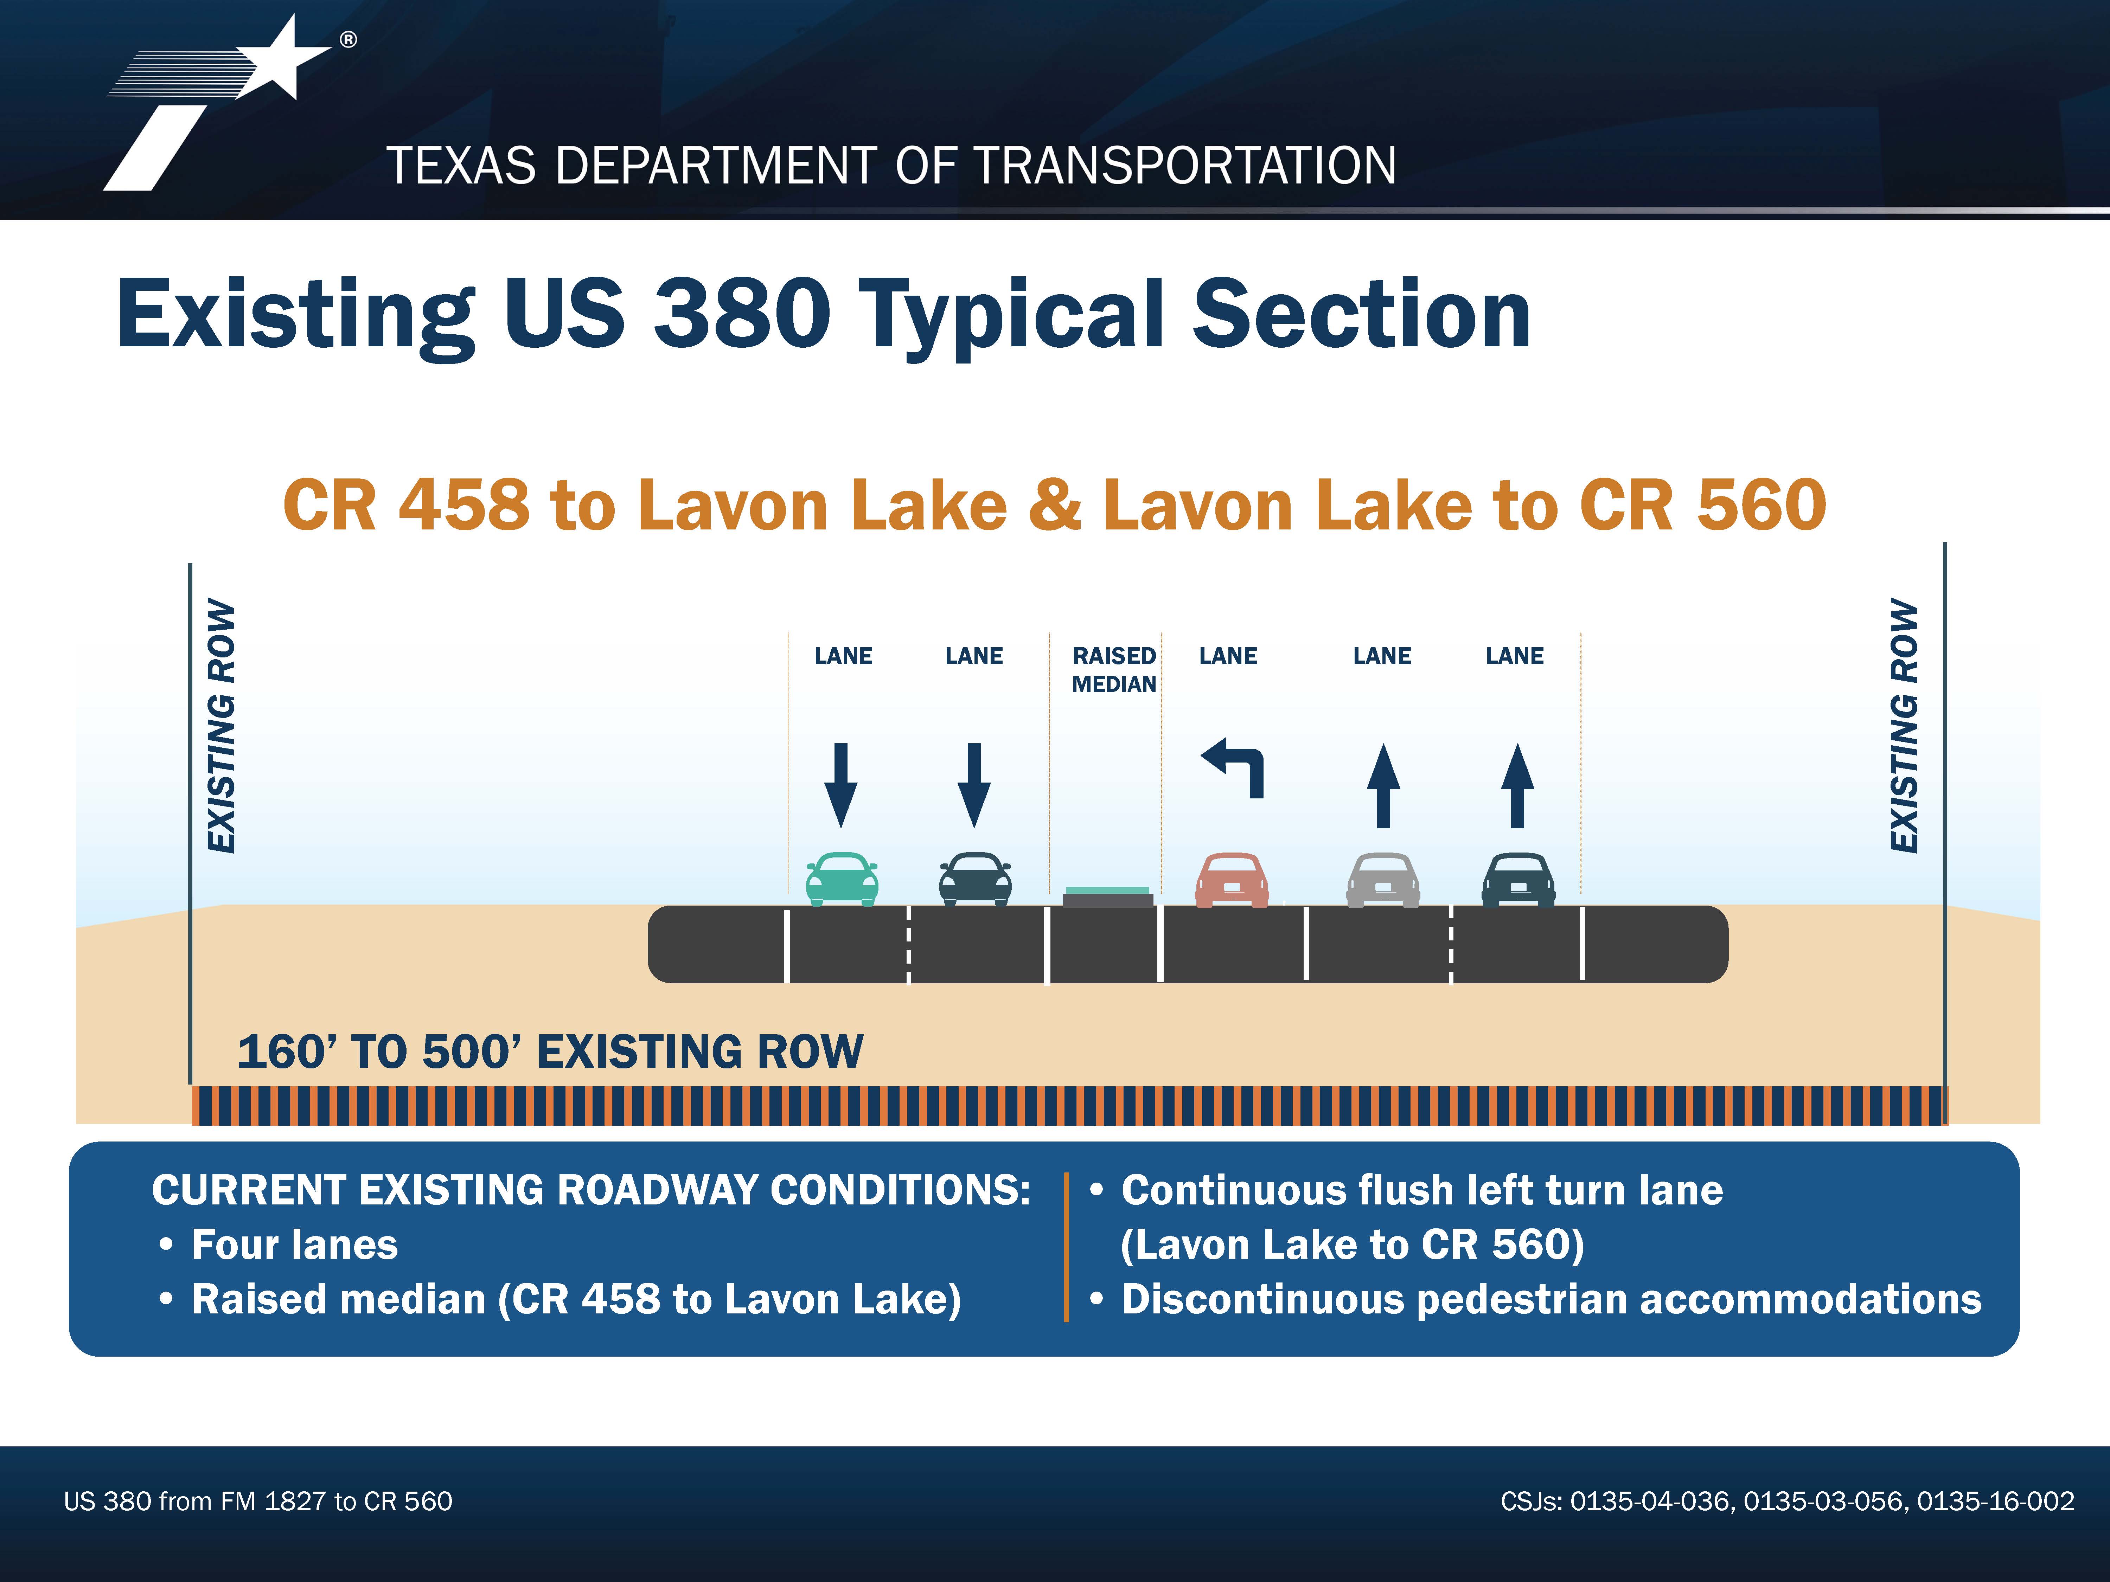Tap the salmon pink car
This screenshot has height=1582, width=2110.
[x=1232, y=879]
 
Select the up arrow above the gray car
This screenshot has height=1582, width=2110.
[x=1383, y=785]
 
